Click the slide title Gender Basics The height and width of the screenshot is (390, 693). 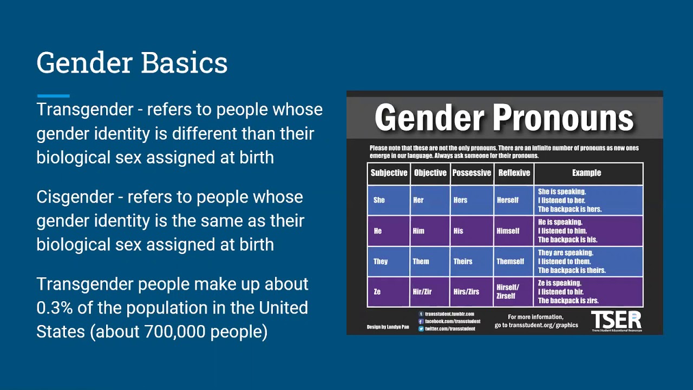132,63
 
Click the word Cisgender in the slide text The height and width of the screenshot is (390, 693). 75,197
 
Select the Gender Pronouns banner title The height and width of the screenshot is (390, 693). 504,118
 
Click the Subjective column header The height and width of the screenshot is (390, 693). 389,173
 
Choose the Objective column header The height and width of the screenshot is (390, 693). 430,173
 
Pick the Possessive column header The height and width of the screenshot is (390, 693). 472,173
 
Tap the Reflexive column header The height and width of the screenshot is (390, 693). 514,173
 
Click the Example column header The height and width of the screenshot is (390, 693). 586,173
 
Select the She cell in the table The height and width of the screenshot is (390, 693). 379,200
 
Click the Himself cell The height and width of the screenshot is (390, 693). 508,231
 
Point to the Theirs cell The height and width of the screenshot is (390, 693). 463,261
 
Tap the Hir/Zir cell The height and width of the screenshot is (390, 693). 422,291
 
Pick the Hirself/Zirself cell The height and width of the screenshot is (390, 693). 508,291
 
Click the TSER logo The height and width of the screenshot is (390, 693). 616,320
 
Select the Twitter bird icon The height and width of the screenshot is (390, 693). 421,329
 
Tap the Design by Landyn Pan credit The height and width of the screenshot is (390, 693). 388,327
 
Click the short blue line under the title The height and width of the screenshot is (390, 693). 53,96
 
